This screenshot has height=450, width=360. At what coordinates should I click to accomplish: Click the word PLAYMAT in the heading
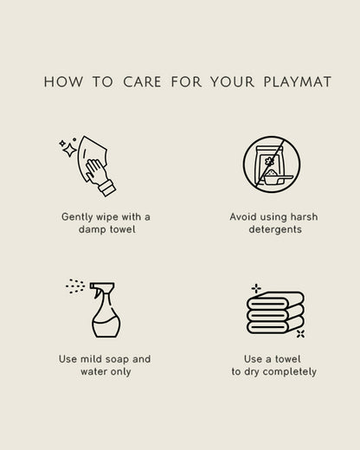298,81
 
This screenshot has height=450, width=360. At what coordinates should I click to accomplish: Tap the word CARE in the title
142,81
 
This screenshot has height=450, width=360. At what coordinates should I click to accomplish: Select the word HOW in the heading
63,81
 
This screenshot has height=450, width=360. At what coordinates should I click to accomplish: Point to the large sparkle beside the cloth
70,150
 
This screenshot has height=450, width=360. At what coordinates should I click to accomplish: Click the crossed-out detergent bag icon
272,164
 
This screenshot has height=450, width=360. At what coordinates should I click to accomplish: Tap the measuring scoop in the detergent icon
278,177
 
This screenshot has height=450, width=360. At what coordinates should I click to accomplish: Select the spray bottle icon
106,310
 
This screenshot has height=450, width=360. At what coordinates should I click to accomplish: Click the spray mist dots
75,286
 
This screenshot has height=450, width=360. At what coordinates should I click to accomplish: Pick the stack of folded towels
275,312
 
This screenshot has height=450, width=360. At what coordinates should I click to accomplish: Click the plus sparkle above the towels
256,288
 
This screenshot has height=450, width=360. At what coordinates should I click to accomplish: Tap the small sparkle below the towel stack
300,334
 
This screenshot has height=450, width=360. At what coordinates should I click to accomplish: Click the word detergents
275,229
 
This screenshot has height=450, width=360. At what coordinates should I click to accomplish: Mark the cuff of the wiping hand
107,188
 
